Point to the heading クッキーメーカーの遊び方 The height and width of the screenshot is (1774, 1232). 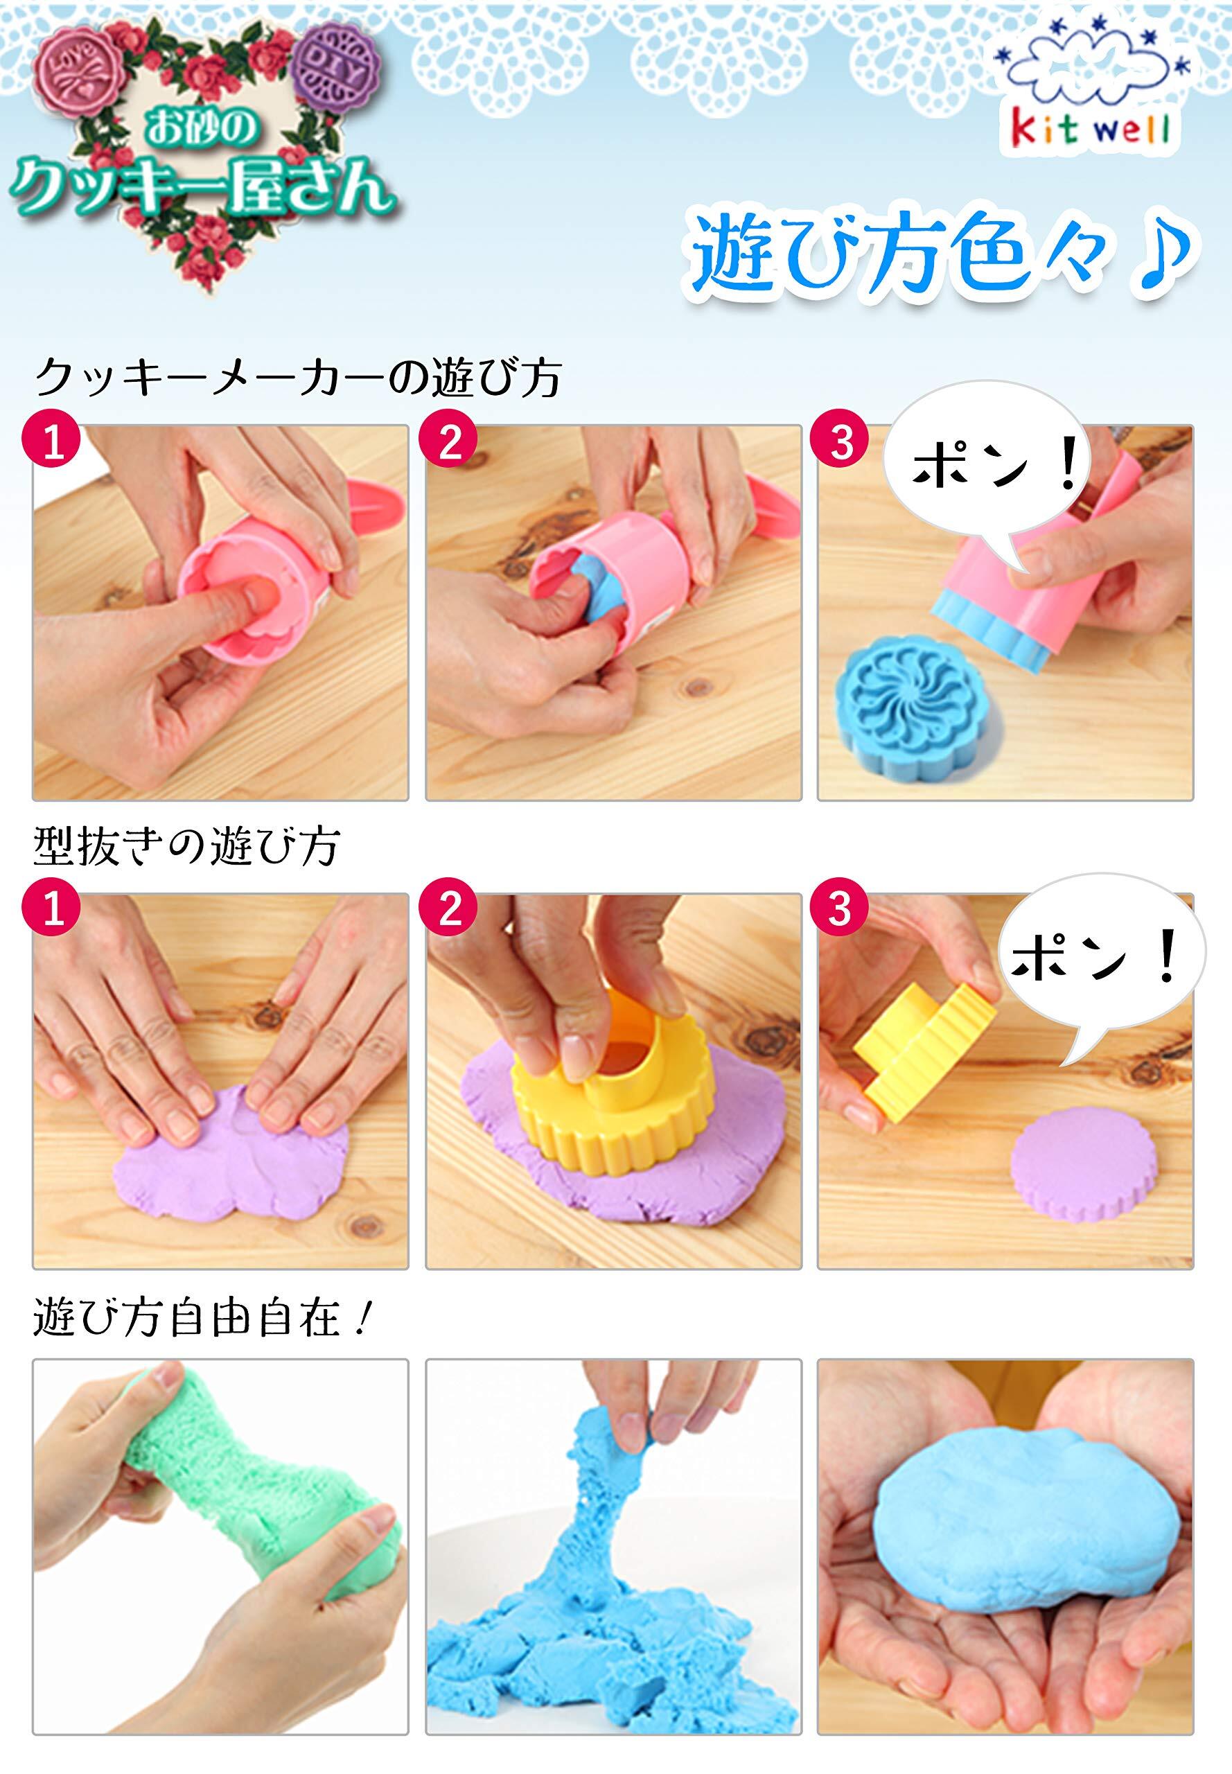(297, 378)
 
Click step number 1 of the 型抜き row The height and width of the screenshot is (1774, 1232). (53, 913)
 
